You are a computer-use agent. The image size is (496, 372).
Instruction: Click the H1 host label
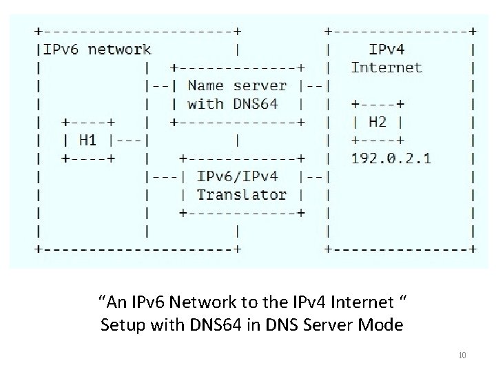tap(87, 141)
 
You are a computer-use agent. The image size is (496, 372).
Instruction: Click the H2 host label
tap(377, 122)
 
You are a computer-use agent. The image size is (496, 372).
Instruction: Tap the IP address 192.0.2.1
tap(391, 158)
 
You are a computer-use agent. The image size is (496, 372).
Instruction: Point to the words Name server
tap(236, 86)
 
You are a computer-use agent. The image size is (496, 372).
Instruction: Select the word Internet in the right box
tap(386, 68)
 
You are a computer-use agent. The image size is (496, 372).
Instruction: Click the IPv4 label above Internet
tap(388, 50)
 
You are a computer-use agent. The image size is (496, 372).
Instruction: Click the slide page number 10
tap(462, 355)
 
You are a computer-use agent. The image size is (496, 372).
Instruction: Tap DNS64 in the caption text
tap(200, 324)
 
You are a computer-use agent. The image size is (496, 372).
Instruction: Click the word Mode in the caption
tap(383, 324)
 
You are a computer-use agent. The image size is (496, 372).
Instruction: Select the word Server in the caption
tap(333, 324)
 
